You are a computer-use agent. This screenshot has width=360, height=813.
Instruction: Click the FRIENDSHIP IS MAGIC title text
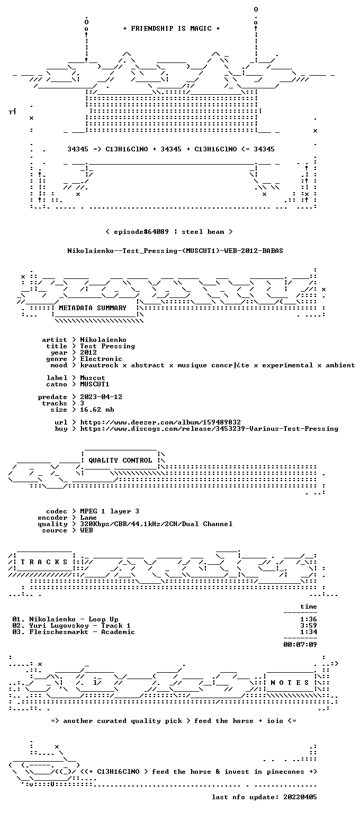(172, 28)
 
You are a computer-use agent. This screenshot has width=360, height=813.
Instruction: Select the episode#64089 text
(141, 231)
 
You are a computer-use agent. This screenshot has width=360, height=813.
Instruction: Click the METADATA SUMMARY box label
(93, 308)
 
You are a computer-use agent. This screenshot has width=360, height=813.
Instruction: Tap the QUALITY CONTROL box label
(120, 460)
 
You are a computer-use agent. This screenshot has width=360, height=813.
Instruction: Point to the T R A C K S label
(44, 562)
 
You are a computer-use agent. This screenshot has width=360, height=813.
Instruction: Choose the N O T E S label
(290, 682)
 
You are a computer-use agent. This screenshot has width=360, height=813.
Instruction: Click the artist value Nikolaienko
(103, 340)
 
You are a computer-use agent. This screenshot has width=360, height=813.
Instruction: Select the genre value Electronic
(101, 358)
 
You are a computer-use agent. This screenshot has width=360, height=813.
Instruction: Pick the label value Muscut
(93, 378)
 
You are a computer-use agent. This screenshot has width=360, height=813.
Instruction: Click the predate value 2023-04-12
(101, 396)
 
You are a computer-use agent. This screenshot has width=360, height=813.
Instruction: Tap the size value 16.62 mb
(97, 409)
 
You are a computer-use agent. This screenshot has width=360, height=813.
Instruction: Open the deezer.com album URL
(160, 422)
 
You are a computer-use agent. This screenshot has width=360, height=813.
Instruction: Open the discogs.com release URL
(209, 429)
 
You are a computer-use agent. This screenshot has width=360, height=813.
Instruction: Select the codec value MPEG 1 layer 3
(110, 511)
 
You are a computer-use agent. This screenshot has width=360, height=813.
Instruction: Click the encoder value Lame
(88, 518)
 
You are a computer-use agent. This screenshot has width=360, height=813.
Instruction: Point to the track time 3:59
(309, 625)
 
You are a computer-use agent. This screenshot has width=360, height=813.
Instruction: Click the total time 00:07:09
(300, 644)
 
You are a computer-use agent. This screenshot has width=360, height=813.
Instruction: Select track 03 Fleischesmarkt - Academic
(74, 632)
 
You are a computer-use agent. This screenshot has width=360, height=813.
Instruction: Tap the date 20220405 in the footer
(300, 797)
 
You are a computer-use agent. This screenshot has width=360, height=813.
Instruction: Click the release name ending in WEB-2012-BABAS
(175, 250)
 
